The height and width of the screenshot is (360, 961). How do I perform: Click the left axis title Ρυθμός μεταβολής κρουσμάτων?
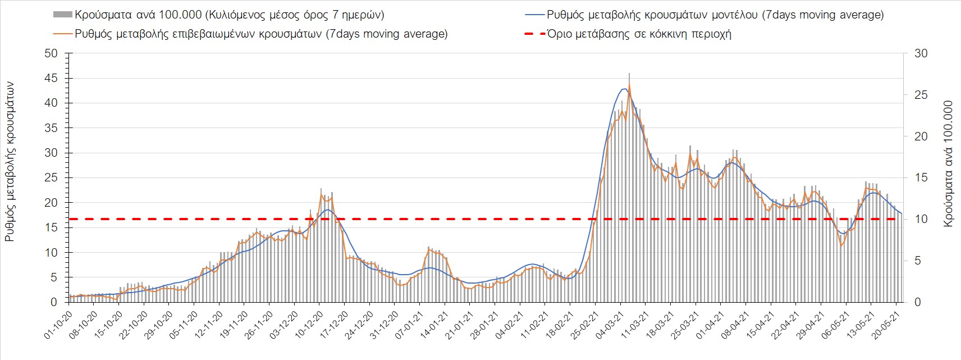tap(10, 161)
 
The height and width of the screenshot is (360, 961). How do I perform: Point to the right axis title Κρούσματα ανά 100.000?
tap(949, 164)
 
